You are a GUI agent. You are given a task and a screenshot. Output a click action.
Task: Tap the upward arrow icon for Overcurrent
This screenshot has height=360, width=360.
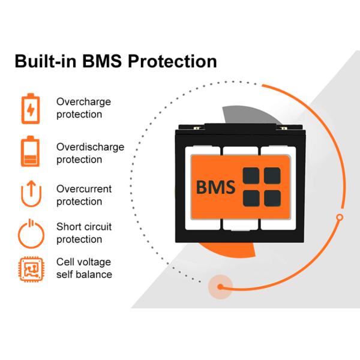(x=29, y=194)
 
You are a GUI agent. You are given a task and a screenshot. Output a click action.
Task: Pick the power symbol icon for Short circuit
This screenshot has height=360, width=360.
(x=29, y=233)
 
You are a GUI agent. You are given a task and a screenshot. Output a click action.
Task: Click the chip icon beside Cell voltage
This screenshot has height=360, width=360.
(x=29, y=268)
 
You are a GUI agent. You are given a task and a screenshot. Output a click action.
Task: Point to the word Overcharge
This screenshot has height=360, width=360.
(x=83, y=102)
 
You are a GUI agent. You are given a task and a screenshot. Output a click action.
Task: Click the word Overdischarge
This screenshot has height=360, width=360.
(x=90, y=146)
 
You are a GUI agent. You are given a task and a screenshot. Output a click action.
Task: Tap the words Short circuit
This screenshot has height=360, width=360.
(x=83, y=227)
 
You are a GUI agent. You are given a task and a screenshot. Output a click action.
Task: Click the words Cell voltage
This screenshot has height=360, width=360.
(x=83, y=262)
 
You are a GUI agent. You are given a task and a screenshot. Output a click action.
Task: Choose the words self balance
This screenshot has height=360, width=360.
(x=83, y=275)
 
